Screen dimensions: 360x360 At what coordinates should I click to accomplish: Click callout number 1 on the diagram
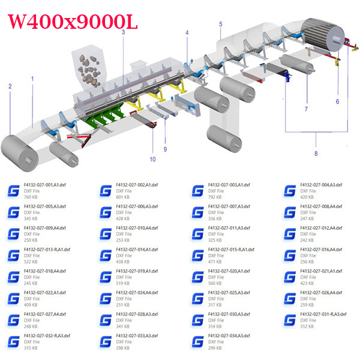click(32, 78)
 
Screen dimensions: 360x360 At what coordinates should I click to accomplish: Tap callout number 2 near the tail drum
click(10, 86)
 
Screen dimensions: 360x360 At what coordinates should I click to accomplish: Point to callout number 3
click(123, 32)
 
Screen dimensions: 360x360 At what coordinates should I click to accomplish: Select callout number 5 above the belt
click(221, 24)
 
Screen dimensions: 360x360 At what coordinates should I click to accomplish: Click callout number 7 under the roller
click(306, 109)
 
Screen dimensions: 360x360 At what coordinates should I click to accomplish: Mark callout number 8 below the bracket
click(316, 154)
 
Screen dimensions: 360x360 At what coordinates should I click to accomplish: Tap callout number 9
click(165, 149)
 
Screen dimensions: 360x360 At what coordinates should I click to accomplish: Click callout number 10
click(152, 159)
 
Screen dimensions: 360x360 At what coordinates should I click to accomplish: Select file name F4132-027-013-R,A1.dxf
click(47, 250)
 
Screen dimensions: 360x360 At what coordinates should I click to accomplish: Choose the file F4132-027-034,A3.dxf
click(229, 336)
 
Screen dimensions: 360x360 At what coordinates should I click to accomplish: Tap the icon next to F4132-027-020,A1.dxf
click(197, 278)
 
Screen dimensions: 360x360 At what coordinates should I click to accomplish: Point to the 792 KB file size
click(214, 197)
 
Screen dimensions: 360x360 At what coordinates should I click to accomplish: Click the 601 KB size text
click(122, 197)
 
